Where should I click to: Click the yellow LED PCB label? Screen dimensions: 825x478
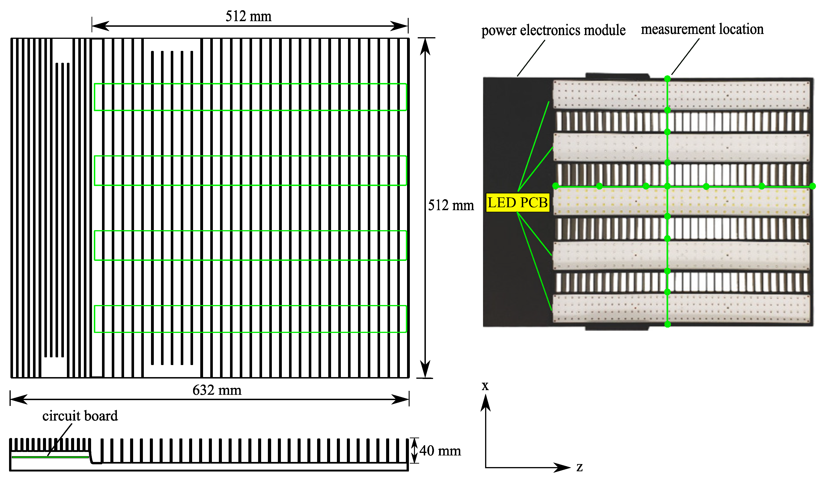[517, 202]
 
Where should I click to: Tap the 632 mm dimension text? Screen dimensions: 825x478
[217, 390]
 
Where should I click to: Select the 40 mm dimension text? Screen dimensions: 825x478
[440, 451]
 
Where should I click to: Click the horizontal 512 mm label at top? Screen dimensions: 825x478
[249, 16]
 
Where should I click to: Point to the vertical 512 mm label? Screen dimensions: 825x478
[451, 206]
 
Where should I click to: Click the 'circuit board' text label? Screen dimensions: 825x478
[80, 416]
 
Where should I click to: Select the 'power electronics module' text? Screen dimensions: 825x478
[553, 30]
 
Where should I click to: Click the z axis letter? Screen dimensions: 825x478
[579, 467]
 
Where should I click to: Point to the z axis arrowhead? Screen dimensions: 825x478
[563, 467]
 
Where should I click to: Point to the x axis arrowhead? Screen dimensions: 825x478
[486, 402]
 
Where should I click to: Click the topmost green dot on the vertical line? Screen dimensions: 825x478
[667, 79]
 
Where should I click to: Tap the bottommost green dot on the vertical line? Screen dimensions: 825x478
[667, 324]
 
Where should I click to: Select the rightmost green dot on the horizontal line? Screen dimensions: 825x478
[812, 186]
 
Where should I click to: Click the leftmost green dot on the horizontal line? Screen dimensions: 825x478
[555, 186]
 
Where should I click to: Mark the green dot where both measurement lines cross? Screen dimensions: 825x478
[667, 186]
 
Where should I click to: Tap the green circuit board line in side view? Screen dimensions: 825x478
[50, 457]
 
